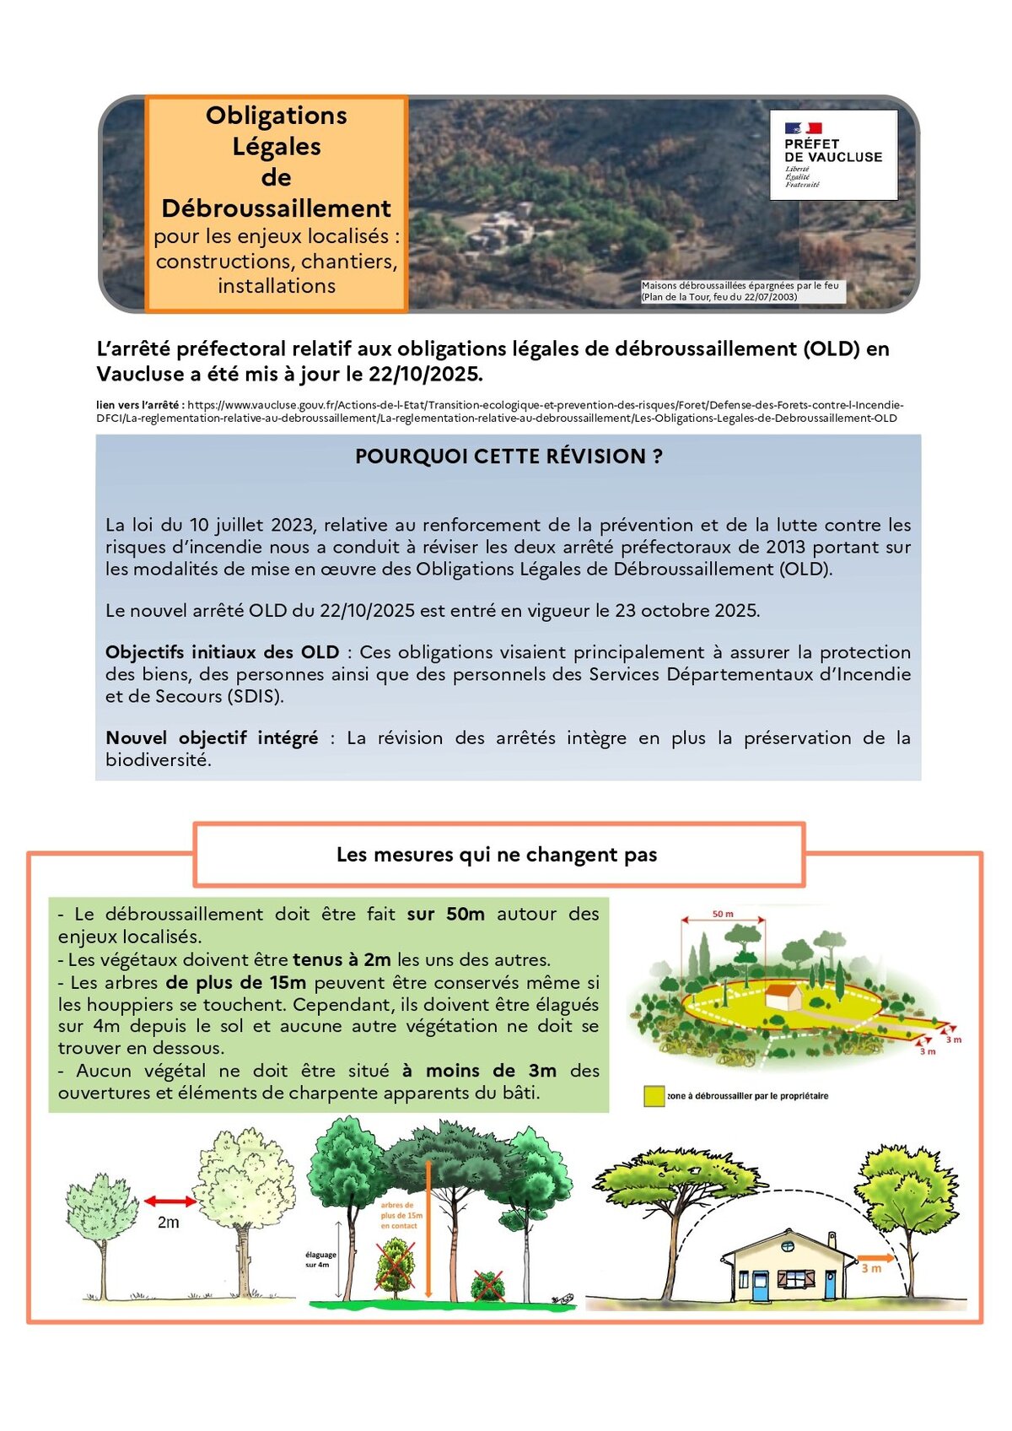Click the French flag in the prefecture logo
tap(803, 128)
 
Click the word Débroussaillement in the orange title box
tap(277, 208)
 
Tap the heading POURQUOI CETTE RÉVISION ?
tap(509, 456)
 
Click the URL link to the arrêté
tap(499, 412)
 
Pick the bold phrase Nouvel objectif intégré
tap(212, 738)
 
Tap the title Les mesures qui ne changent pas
tap(497, 855)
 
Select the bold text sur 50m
tap(445, 914)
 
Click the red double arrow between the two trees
tap(170, 1201)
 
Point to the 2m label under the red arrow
tap(169, 1223)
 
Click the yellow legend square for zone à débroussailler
tap(654, 1096)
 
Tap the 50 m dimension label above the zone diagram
tap(723, 914)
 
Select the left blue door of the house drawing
tap(761, 1285)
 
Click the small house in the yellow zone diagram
tap(784, 997)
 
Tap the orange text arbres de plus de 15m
tap(399, 1216)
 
